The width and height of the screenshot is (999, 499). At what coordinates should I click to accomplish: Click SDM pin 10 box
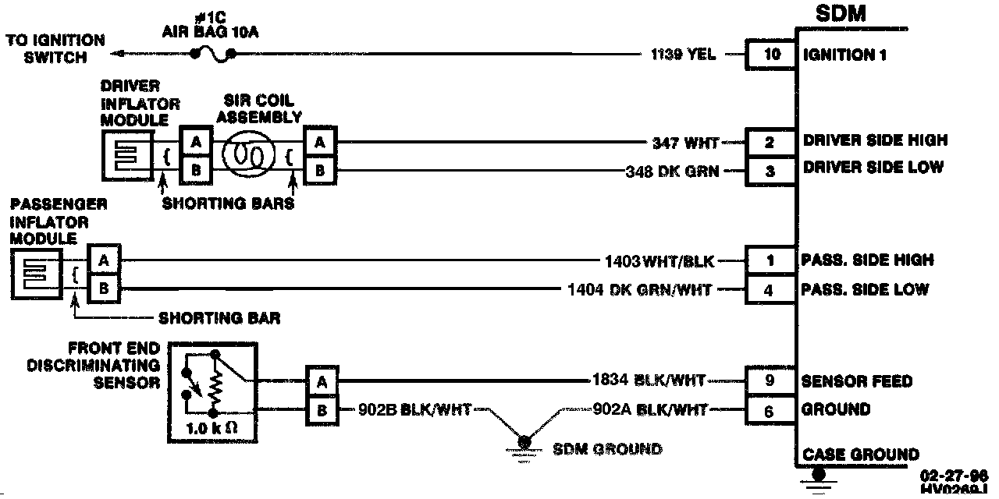tap(771, 55)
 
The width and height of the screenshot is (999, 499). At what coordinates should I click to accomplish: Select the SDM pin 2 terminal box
tap(770, 142)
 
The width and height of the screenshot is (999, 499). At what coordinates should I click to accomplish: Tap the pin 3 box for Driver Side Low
tap(770, 171)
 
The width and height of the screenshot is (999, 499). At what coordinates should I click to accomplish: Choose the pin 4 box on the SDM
tap(770, 290)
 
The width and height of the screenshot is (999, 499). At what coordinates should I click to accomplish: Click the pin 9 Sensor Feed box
tap(770, 381)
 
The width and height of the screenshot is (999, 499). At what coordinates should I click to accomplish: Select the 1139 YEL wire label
tap(683, 55)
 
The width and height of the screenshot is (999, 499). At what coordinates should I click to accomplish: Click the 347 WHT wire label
tap(685, 143)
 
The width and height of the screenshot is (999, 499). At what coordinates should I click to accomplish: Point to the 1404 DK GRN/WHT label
tap(639, 290)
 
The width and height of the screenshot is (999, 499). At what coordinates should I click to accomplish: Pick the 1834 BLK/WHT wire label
tap(649, 381)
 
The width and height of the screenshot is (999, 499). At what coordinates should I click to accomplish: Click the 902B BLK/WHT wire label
tap(414, 410)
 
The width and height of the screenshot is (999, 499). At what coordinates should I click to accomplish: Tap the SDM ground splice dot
tap(524, 442)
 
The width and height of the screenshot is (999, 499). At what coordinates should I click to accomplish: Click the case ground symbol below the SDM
tap(818, 476)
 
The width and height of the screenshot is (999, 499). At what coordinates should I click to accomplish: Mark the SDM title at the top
tap(840, 14)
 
